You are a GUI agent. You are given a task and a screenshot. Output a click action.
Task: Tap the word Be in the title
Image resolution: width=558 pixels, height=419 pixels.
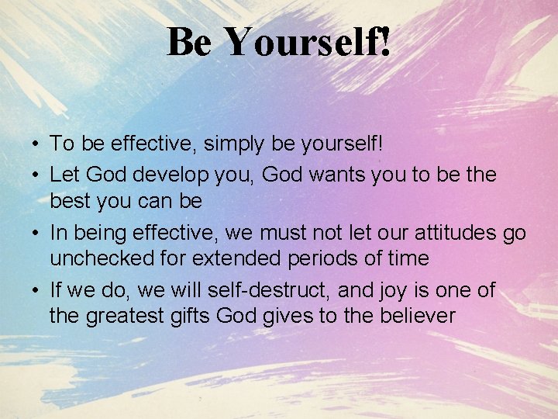click(188, 43)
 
